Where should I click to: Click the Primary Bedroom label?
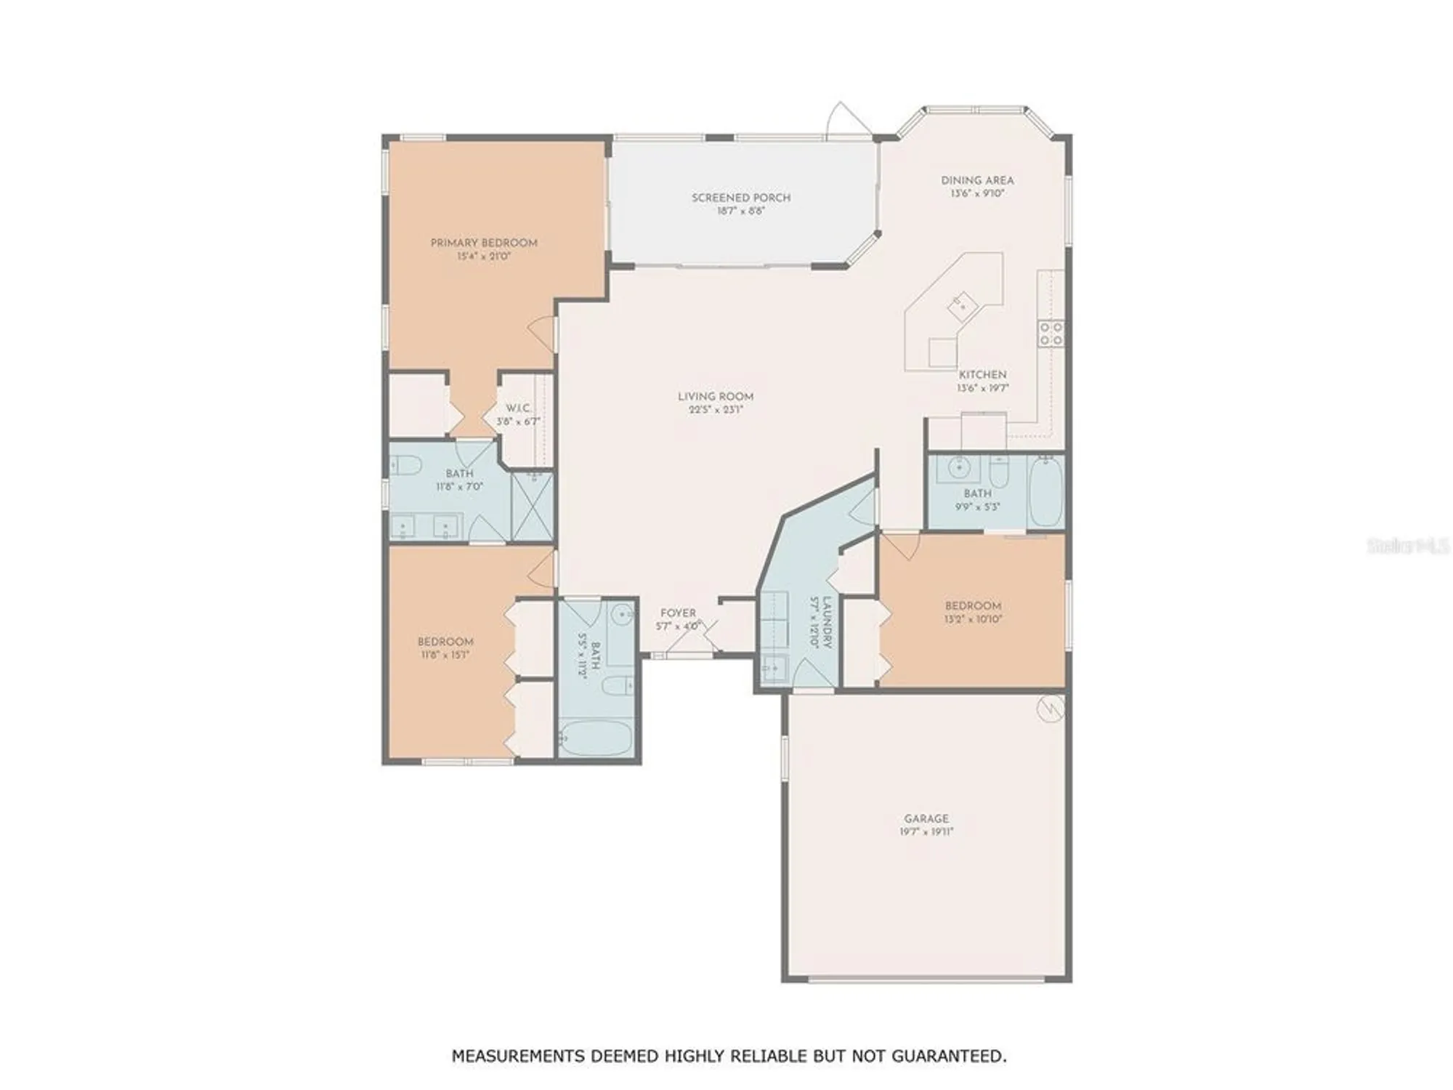coord(484,243)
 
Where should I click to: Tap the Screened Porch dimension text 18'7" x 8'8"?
coord(740,211)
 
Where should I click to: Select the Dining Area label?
coord(977,180)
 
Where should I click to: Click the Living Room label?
coord(715,397)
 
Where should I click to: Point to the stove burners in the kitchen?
coord(1051,334)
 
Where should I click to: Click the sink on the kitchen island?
coord(962,306)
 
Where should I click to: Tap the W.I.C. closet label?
coord(517,408)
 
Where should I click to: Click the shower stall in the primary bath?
coord(533,506)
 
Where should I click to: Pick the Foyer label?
coord(677,613)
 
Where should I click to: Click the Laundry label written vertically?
coord(827,623)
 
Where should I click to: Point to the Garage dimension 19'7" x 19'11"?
coord(926,832)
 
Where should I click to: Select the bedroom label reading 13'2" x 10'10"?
coord(973,619)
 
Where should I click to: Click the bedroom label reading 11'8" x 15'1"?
coord(445,655)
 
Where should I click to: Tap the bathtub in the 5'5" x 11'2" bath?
coord(596,738)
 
